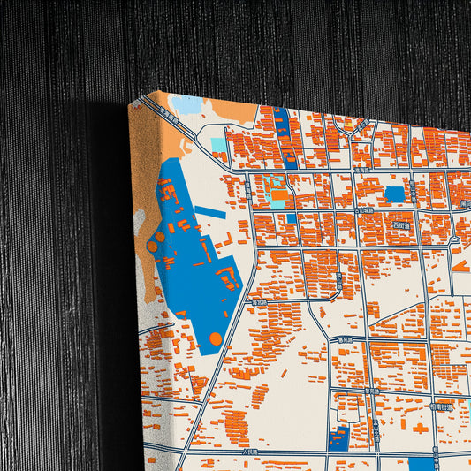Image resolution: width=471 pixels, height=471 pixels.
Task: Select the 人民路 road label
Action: (229, 452)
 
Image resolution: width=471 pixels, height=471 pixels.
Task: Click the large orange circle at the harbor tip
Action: (216, 338)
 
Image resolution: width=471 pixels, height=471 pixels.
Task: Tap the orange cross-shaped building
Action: (419, 428)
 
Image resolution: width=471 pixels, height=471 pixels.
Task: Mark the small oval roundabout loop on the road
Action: (455, 240)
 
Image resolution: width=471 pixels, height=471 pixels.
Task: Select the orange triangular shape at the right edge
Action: (461, 265)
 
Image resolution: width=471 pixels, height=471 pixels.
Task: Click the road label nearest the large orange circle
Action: (259, 300)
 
